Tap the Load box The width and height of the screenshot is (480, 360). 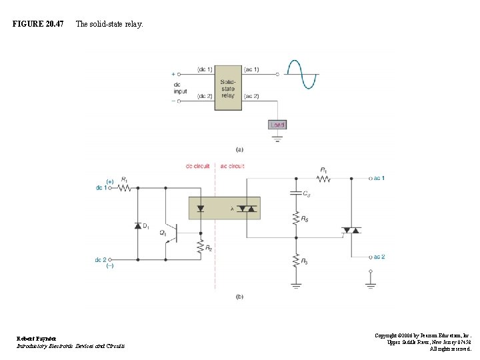pyautogui.click(x=277, y=125)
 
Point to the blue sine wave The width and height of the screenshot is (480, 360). pyautogui.click(x=301, y=73)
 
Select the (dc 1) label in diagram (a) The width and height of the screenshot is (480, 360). pyautogui.click(x=205, y=69)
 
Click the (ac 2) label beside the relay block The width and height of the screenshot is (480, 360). pyautogui.click(x=251, y=97)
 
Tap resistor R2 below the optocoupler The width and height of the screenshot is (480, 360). pyautogui.click(x=200, y=247)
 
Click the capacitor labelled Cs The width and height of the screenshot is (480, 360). pyautogui.click(x=296, y=193)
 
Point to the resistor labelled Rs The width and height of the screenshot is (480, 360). pyautogui.click(x=296, y=218)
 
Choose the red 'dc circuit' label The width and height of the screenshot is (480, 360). pyautogui.click(x=198, y=166)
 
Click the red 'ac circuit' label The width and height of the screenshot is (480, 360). pyautogui.click(x=232, y=166)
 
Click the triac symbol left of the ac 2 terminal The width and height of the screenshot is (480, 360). pyautogui.click(x=351, y=231)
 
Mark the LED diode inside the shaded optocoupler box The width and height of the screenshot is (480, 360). pyautogui.click(x=200, y=209)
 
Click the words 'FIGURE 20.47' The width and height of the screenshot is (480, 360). pyautogui.click(x=38, y=24)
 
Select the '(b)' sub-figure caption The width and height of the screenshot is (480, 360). pyautogui.click(x=239, y=296)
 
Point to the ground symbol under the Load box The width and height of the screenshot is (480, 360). pyautogui.click(x=277, y=140)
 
